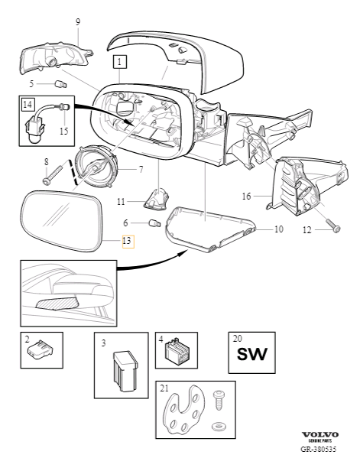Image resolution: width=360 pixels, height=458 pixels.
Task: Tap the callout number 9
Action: point(77,22)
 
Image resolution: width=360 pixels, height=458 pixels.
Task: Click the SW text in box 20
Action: point(251,355)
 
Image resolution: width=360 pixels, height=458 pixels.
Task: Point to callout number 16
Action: point(246,196)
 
